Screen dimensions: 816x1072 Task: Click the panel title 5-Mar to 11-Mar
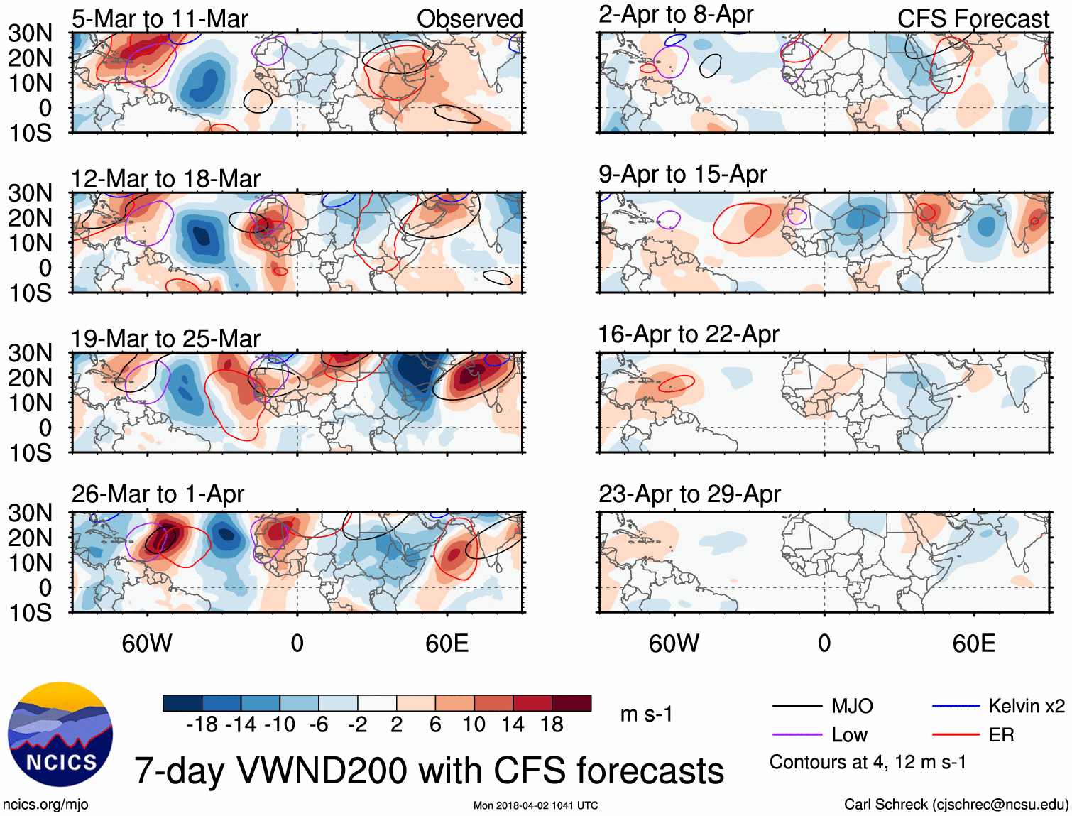click(x=160, y=19)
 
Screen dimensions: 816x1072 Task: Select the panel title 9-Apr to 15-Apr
click(x=682, y=175)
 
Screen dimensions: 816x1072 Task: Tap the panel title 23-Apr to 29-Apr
click(x=689, y=494)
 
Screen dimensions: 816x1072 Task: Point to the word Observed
click(x=469, y=19)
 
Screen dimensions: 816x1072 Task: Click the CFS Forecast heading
click(x=973, y=19)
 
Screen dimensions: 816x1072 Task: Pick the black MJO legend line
click(x=797, y=706)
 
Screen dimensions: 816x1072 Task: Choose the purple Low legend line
click(x=797, y=735)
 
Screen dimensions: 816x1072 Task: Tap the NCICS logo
click(x=60, y=734)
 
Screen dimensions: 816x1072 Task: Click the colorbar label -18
click(x=202, y=724)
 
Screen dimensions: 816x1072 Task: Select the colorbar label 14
click(x=513, y=724)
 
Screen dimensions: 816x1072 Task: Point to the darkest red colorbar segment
click(x=571, y=703)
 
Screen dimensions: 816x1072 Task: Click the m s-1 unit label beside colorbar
click(x=646, y=714)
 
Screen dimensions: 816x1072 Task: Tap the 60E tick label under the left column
click(x=447, y=643)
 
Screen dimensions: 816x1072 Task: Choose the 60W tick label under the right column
click(x=674, y=643)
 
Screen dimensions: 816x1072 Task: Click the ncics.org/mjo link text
click(x=45, y=805)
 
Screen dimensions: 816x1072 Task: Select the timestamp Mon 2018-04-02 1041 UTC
click(x=535, y=805)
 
